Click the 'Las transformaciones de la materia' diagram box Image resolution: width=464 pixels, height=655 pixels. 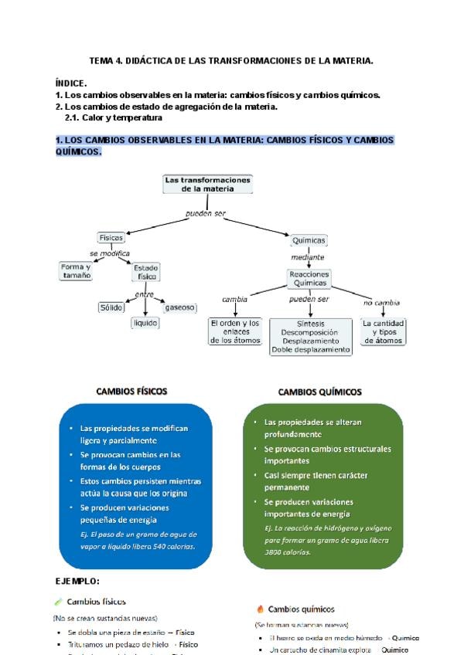click(x=208, y=184)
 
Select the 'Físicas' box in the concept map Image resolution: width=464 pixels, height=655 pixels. click(x=111, y=237)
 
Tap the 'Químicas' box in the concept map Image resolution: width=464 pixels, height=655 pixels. click(x=309, y=240)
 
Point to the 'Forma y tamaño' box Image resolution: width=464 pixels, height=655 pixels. click(x=76, y=271)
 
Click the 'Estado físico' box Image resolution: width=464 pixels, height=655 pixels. click(x=147, y=272)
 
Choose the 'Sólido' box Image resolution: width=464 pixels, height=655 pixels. click(x=111, y=307)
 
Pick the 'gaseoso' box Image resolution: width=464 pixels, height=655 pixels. click(x=179, y=307)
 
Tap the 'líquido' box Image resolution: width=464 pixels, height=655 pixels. click(x=145, y=323)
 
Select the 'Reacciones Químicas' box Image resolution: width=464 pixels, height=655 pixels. click(x=309, y=279)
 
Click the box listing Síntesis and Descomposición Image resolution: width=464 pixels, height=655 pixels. click(x=310, y=337)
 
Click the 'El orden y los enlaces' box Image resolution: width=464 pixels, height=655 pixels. click(x=235, y=331)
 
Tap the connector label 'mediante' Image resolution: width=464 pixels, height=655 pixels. click(x=308, y=257)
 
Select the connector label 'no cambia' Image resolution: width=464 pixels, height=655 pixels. click(x=381, y=303)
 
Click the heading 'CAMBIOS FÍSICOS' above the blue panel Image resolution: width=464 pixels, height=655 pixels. click(x=131, y=392)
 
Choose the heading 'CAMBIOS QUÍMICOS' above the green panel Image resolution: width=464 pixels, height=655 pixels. click(x=319, y=392)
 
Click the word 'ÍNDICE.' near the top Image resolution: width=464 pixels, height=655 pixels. click(x=71, y=83)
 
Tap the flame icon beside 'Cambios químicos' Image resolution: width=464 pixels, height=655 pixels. click(x=260, y=609)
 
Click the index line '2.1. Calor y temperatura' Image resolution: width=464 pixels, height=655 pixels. click(x=113, y=118)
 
